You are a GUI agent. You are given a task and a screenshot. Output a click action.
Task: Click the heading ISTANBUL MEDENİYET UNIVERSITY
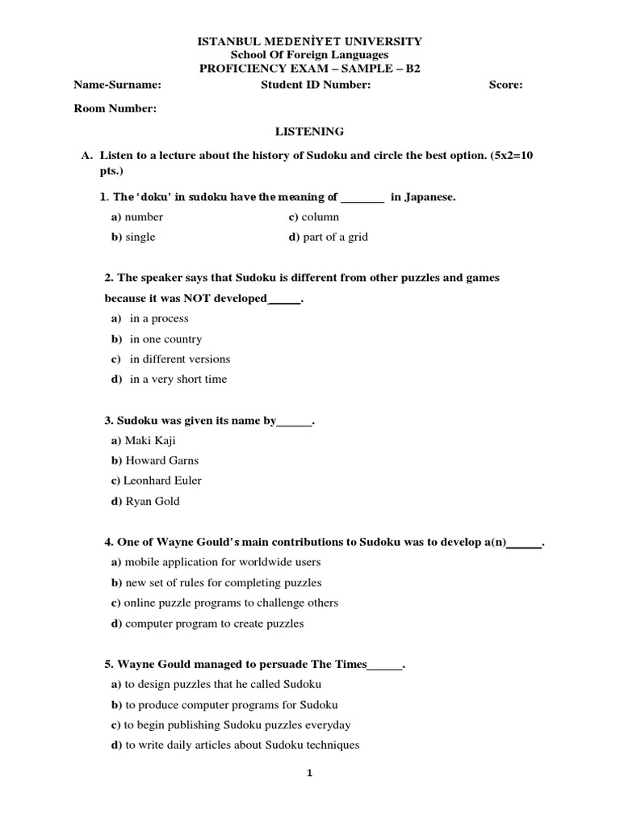click(x=310, y=40)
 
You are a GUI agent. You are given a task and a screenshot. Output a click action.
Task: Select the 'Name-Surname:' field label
click(x=118, y=85)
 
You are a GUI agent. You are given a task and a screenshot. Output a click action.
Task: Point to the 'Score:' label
click(x=505, y=85)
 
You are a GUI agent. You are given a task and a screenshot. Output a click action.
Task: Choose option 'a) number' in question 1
click(x=136, y=216)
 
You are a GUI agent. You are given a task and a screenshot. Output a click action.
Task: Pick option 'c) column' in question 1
click(x=314, y=216)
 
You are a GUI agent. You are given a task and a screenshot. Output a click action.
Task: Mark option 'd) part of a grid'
click(x=328, y=237)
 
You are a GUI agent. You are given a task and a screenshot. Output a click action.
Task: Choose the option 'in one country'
click(x=165, y=339)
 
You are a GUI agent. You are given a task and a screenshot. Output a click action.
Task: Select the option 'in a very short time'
click(x=178, y=379)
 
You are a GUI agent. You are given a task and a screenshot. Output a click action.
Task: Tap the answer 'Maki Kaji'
click(x=150, y=440)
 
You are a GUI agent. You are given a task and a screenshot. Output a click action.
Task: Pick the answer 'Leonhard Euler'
click(x=161, y=481)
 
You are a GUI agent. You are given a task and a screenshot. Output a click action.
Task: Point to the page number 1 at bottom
click(x=309, y=773)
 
